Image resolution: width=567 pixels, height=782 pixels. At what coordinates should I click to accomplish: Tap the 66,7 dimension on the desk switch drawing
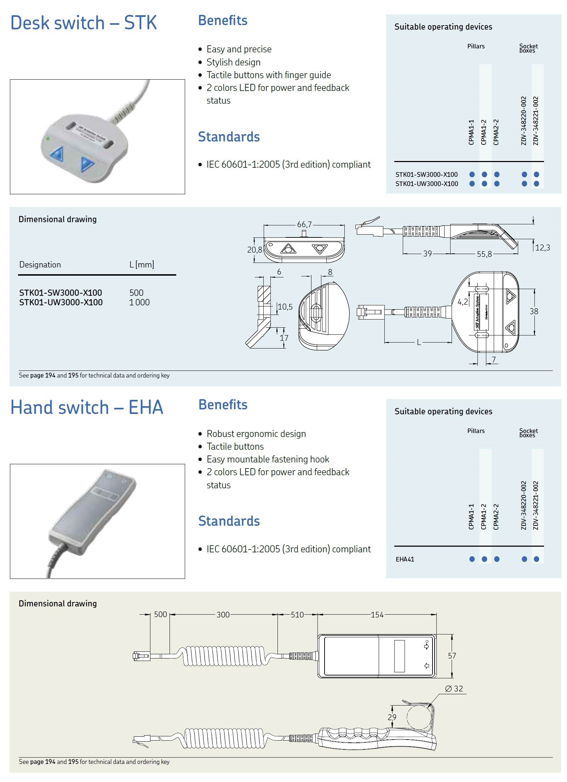pos(304,224)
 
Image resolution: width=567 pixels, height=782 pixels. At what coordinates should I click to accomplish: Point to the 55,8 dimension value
pos(484,254)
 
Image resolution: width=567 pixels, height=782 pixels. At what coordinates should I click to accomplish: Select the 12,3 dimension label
pos(543,247)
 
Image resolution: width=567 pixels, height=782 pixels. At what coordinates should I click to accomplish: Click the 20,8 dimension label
pos(254,249)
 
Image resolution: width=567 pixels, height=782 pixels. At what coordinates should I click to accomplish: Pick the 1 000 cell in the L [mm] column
pos(139,302)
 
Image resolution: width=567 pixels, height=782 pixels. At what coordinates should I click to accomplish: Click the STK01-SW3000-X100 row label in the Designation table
pos(61,293)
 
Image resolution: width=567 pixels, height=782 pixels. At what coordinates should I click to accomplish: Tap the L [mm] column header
pos(142,265)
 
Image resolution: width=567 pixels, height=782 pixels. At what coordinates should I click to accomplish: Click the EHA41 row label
pos(405,559)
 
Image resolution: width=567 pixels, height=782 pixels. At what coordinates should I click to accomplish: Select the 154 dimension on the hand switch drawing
pos(377,615)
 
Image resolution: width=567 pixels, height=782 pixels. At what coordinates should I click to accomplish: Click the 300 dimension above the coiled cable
pos(223,615)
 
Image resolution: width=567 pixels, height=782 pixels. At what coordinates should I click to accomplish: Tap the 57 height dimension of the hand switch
pos(452,656)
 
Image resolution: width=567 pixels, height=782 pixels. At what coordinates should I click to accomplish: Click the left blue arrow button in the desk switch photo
pos(57,154)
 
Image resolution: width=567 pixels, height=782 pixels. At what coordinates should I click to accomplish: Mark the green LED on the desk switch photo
pos(48,138)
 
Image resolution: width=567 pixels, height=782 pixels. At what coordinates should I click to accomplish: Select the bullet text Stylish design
pos(234,62)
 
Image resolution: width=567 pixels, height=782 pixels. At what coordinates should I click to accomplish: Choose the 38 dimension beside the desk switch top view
pos(534,311)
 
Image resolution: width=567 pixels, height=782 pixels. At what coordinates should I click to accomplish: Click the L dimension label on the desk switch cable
pos(419,342)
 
